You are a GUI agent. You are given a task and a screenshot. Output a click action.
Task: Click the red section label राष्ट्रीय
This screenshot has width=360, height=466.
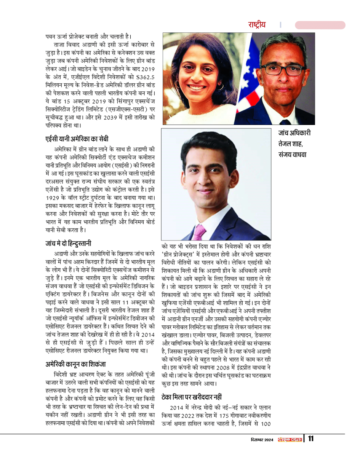pos(258,25)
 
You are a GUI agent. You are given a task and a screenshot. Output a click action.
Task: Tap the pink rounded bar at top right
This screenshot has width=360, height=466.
pos(320,25)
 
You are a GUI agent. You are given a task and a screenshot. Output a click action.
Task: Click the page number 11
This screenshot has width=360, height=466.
pos(311,438)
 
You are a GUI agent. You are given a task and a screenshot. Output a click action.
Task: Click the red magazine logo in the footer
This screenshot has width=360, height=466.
pos(290,439)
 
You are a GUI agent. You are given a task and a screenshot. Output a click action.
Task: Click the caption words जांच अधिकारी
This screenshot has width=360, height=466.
pos(294,134)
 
